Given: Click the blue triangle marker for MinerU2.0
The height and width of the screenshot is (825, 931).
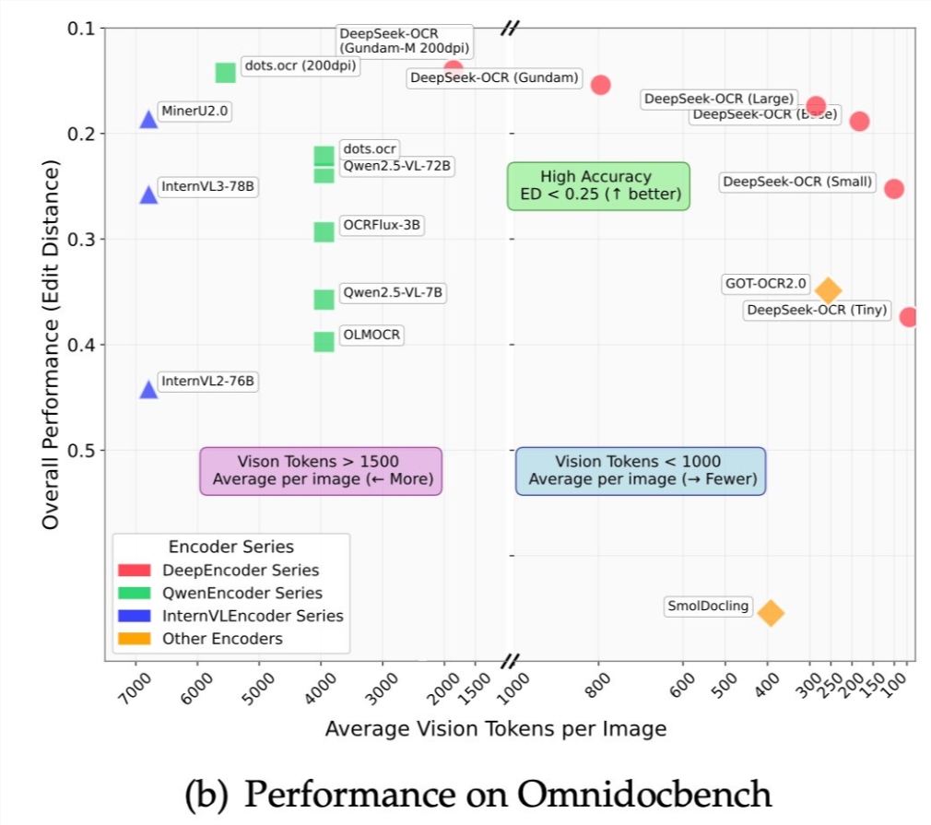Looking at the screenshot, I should pyautogui.click(x=148, y=119).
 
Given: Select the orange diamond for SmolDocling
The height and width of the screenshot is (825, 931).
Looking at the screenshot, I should pyautogui.click(x=771, y=612).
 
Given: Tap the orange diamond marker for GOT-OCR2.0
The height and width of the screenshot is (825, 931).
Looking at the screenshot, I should pyautogui.click(x=828, y=290).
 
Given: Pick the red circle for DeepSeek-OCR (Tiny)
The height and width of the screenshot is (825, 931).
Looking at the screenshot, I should pyautogui.click(x=910, y=317).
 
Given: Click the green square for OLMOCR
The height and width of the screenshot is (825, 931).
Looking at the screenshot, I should pyautogui.click(x=324, y=342).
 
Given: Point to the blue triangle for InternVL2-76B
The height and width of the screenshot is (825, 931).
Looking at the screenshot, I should pyautogui.click(x=148, y=390).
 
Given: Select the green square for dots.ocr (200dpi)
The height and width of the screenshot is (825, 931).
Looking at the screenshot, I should pyautogui.click(x=225, y=72).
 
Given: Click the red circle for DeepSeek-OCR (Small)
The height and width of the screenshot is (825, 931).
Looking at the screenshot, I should pyautogui.click(x=893, y=188).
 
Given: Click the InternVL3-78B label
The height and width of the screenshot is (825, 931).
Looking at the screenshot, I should pyautogui.click(x=207, y=186).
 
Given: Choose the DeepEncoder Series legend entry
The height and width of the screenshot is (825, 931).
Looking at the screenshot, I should pyautogui.click(x=240, y=570).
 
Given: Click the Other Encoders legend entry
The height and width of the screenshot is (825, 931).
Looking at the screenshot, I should pyautogui.click(x=221, y=638).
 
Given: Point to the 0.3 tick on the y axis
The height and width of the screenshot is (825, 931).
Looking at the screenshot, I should pyautogui.click(x=84, y=240).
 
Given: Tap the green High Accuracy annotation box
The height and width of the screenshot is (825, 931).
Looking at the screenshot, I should pyautogui.click(x=597, y=185).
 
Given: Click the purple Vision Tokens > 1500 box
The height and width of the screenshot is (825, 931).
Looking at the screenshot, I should pyautogui.click(x=321, y=471).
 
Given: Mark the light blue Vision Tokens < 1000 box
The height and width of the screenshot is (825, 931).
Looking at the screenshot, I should pyautogui.click(x=640, y=471).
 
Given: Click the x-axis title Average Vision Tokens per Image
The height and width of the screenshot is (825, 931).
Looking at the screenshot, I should pyautogui.click(x=495, y=729).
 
